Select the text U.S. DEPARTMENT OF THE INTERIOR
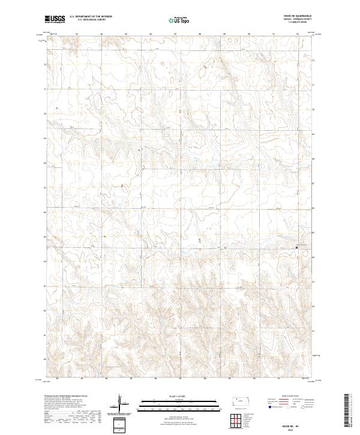[x=91, y=17]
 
